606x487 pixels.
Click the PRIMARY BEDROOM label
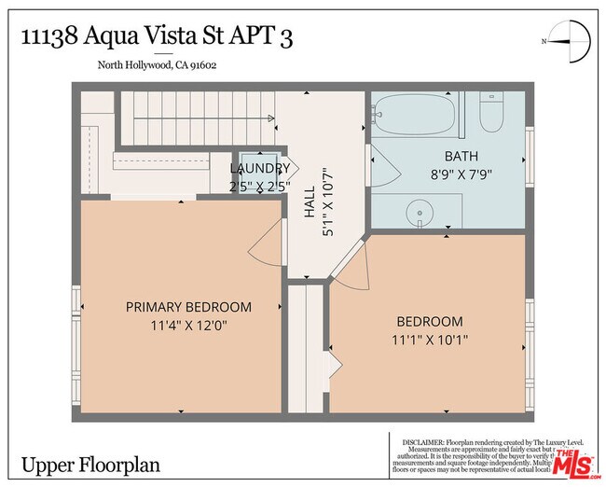188,307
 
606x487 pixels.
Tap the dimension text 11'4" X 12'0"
188,326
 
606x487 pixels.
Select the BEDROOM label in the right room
429,322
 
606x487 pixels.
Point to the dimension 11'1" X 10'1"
429,341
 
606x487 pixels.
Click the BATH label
461,156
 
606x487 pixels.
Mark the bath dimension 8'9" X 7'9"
461,174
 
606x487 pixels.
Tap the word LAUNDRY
260,169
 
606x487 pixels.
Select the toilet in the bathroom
490,115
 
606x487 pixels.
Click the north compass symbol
571,41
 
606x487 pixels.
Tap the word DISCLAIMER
424,441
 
